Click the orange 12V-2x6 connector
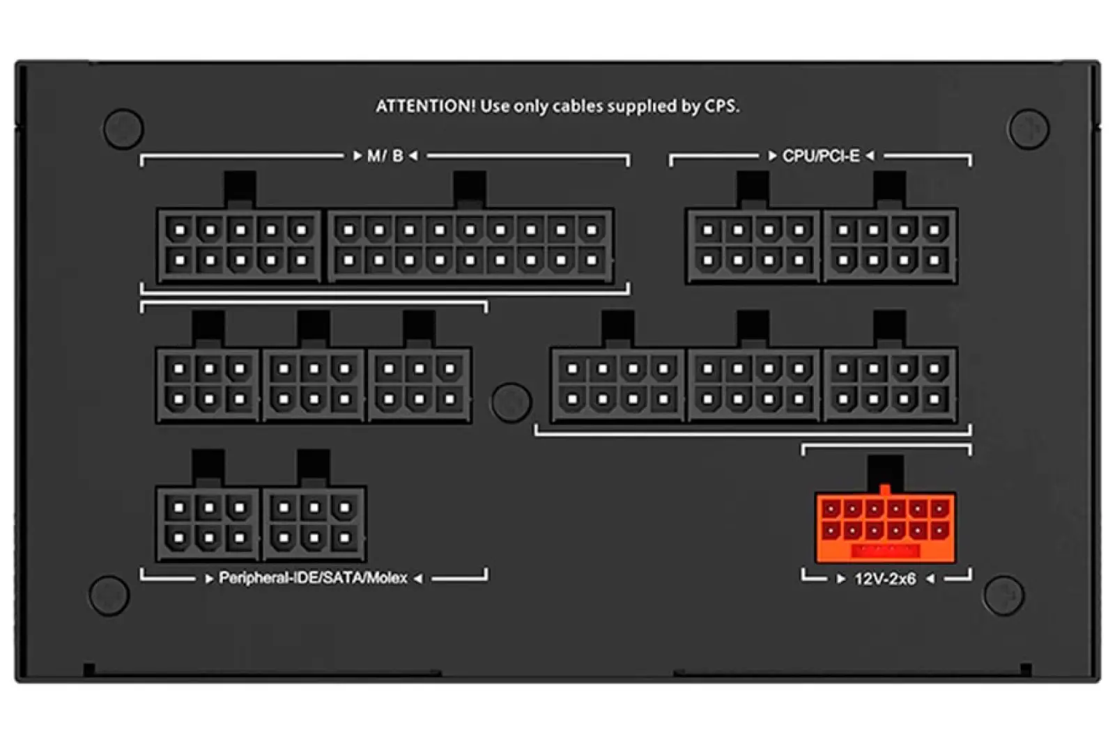885,527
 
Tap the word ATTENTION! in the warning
426,106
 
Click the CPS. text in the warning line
722,106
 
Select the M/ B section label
385,156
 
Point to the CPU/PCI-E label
821,156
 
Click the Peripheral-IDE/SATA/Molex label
313,578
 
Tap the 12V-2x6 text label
885,579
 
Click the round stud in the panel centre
512,402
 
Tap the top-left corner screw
123,128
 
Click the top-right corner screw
1029,128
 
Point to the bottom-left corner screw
109,595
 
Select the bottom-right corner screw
1003,595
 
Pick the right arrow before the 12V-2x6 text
840,579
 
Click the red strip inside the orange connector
885,550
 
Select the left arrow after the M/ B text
413,156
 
